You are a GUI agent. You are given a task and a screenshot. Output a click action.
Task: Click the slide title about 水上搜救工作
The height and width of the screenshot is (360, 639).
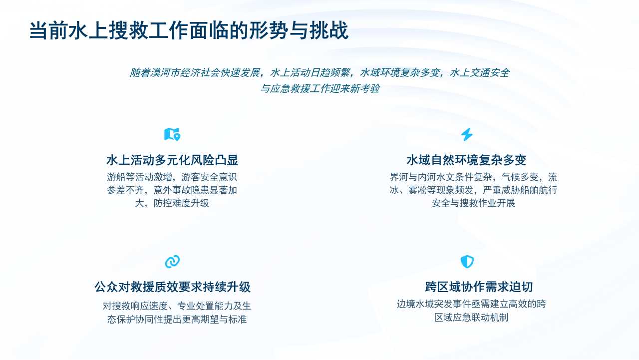[189, 30]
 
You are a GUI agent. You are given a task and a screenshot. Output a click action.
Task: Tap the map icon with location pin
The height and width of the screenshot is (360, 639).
[172, 134]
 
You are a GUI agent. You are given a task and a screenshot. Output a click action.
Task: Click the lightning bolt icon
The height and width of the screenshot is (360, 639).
[467, 134]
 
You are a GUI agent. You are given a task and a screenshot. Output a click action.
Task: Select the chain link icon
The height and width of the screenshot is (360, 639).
[172, 261]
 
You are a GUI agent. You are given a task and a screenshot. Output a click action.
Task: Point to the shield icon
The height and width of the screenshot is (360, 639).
[467, 261]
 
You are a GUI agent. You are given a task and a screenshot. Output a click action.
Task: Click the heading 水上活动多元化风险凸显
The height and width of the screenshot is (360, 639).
[172, 160]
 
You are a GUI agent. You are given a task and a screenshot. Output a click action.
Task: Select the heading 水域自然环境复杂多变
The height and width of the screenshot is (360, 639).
[466, 160]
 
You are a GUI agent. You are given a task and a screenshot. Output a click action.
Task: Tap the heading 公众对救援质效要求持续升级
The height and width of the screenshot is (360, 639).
[172, 287]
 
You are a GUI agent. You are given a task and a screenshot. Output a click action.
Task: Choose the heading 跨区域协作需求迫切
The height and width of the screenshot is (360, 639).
[479, 287]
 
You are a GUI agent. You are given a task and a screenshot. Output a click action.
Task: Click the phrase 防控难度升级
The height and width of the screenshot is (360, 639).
[181, 203]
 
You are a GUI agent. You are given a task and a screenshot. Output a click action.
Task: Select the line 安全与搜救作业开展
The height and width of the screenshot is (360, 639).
[473, 203]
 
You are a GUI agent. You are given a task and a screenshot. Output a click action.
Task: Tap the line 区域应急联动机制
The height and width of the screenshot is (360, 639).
[471, 317]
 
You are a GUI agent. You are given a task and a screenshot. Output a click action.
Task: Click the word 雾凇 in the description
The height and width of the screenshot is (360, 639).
[417, 190]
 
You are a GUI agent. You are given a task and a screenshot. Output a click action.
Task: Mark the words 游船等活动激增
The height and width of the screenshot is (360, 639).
[139, 177]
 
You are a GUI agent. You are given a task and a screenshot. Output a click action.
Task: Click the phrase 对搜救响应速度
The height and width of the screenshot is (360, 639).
[135, 306]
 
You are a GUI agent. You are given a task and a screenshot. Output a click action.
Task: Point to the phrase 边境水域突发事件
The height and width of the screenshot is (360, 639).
[434, 304]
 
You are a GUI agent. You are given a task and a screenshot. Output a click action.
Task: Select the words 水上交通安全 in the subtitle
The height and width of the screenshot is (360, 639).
[480, 73]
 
